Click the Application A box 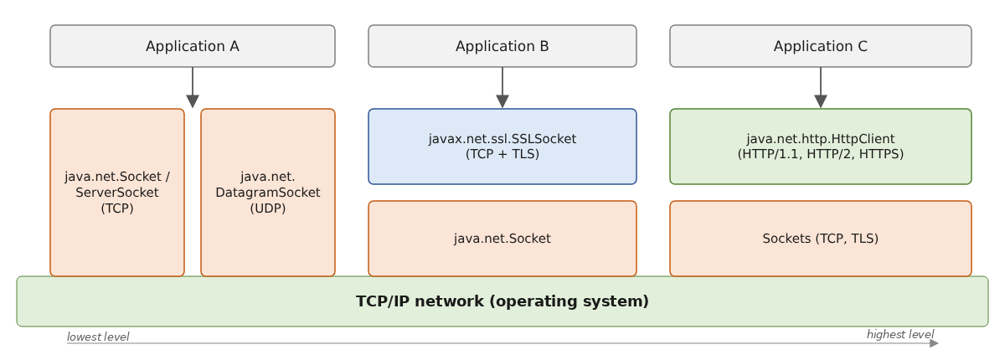click(193, 46)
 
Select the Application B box click(502, 46)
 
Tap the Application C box click(821, 46)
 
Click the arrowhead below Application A click(193, 101)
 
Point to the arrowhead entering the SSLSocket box click(502, 101)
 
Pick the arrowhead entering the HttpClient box click(821, 101)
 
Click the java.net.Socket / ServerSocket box click(117, 193)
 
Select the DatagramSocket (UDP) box click(268, 193)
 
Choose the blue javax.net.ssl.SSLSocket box click(502, 147)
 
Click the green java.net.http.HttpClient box click(821, 147)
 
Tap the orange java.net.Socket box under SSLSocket click(502, 239)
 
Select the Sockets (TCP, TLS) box click(821, 239)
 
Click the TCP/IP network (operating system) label click(502, 301)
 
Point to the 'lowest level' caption click(98, 337)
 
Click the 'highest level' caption click(900, 334)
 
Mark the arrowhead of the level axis click(934, 343)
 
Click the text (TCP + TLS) click(502, 154)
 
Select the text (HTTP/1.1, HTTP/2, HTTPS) click(821, 154)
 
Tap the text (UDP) click(268, 208)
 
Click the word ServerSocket click(117, 193)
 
